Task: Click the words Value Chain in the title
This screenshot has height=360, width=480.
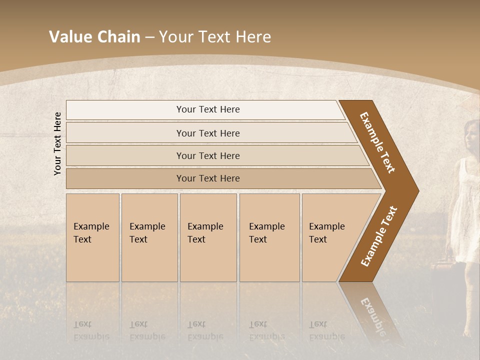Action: [x=94, y=37]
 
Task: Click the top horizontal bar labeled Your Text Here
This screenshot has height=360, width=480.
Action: [x=207, y=109]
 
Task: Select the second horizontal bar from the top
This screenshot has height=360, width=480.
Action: [x=207, y=133]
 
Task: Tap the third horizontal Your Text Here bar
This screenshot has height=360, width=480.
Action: [x=207, y=155]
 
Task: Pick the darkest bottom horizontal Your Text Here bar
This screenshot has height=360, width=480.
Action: [x=207, y=178]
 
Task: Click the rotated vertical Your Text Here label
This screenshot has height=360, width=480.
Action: [x=58, y=143]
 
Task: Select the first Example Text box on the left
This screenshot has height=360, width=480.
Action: [x=92, y=237]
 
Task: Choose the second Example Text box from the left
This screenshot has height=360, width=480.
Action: [x=149, y=237]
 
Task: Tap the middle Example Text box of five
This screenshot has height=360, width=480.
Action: [x=208, y=237]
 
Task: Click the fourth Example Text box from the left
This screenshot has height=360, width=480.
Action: [x=269, y=237]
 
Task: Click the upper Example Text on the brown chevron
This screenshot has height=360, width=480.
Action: [x=377, y=142]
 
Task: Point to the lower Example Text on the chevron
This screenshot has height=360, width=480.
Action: [x=378, y=236]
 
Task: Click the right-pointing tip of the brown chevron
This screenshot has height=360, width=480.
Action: [x=416, y=191]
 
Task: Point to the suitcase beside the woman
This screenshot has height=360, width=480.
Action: [x=440, y=275]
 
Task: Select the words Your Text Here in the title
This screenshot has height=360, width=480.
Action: [x=214, y=37]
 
